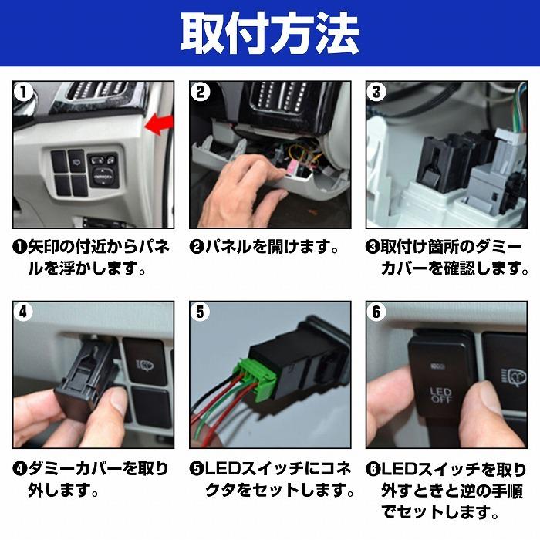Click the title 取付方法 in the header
pyautogui.click(x=269, y=32)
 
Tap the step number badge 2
pyautogui.click(x=200, y=92)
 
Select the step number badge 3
pyautogui.click(x=376, y=92)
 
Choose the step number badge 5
pyautogui.click(x=200, y=312)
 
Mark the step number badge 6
pyautogui.click(x=376, y=312)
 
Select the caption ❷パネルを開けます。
pyautogui.click(x=265, y=248)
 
